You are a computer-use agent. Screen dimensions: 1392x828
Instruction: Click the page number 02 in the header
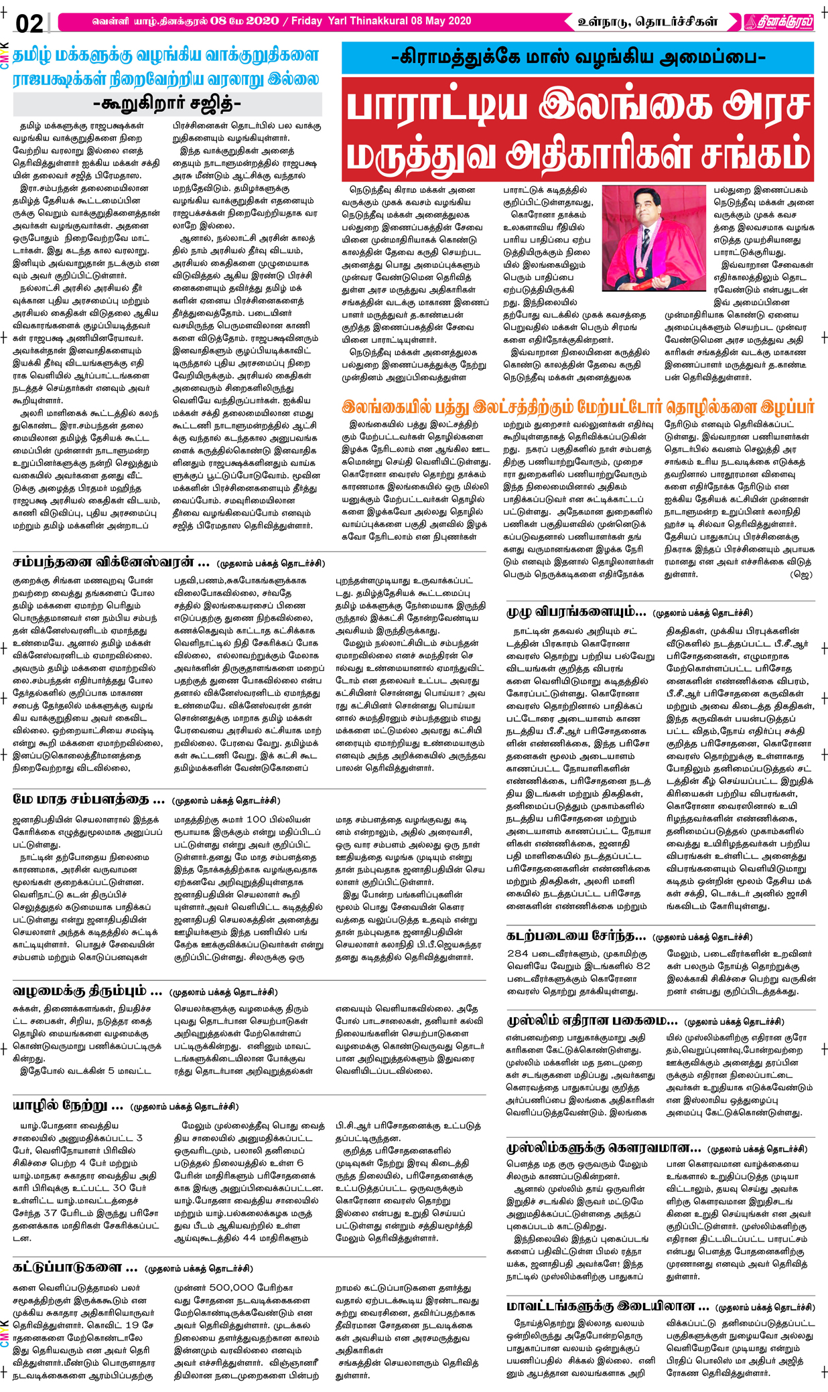tap(29, 24)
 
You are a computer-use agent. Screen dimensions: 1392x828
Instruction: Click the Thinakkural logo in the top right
tap(778, 22)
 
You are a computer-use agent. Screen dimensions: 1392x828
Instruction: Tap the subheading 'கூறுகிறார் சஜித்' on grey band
tap(167, 104)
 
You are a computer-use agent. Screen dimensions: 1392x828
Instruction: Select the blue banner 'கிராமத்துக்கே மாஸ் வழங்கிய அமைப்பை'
tap(577, 58)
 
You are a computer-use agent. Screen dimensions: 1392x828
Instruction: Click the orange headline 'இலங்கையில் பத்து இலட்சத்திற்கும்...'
tap(577, 406)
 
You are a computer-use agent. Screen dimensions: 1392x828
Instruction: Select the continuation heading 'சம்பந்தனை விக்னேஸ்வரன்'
tap(111, 562)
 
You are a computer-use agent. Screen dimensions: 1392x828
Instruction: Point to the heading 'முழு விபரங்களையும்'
tap(576, 611)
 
